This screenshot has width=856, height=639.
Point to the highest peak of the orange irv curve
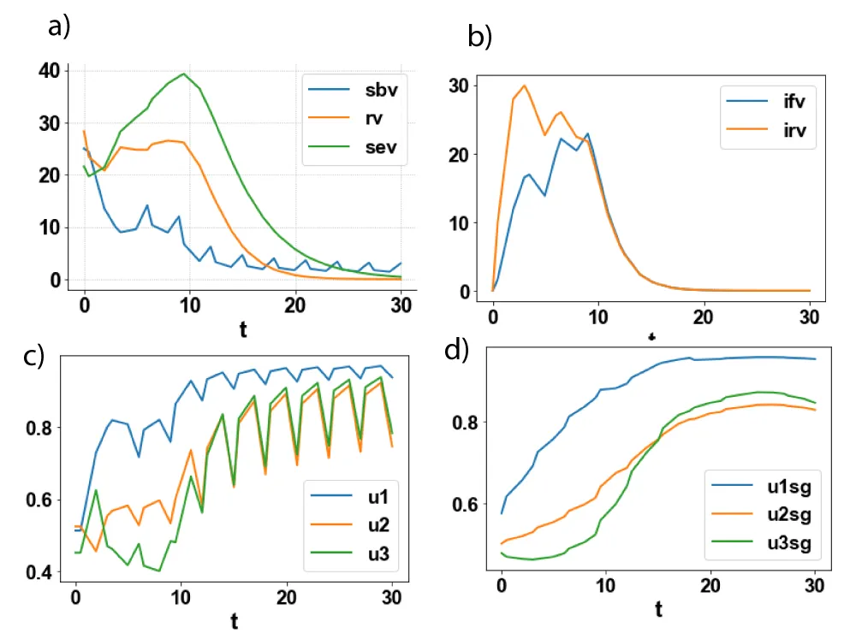(x=524, y=86)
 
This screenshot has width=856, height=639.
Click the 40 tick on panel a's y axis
(x=49, y=70)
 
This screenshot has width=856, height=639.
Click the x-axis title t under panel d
(x=657, y=609)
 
